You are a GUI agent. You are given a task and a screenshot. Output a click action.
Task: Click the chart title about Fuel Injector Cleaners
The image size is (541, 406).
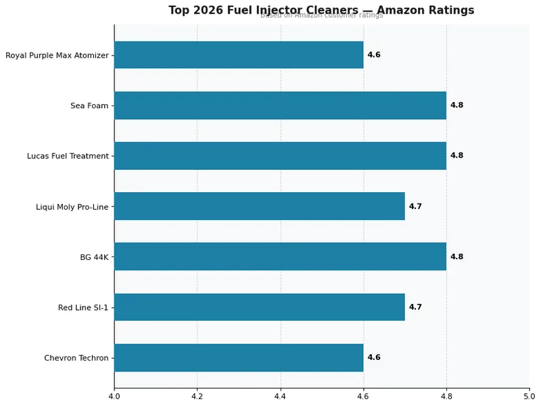tap(321, 10)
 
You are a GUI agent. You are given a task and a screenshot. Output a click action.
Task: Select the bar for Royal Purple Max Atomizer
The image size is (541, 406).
tap(239, 55)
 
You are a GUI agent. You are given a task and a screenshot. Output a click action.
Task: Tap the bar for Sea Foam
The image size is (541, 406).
tap(280, 106)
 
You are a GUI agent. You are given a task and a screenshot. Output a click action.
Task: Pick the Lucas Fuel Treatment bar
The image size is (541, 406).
tap(280, 156)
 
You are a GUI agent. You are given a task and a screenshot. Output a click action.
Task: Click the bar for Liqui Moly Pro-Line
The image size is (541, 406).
tap(259, 206)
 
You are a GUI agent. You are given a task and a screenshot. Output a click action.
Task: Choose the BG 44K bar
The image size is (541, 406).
tap(280, 256)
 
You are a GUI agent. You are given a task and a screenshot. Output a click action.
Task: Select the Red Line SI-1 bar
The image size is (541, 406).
tap(259, 307)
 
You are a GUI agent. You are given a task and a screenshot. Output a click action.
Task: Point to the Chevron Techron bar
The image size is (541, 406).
tap(239, 357)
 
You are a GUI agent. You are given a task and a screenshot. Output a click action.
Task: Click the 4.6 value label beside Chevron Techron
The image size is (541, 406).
tap(374, 357)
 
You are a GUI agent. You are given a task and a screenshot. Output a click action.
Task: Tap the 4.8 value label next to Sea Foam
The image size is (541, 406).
tap(456, 106)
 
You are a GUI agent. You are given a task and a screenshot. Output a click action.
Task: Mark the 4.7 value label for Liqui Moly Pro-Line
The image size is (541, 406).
tap(415, 206)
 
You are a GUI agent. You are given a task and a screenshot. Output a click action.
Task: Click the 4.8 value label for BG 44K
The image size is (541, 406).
tap(456, 256)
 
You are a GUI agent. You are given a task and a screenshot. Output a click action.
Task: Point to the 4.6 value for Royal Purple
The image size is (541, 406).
tap(374, 55)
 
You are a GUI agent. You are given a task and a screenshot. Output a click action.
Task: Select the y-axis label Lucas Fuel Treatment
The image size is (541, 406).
tap(68, 156)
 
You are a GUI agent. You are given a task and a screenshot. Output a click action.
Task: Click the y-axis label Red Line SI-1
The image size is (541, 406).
tap(83, 308)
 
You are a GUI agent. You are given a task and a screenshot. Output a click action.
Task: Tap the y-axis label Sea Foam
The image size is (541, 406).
tap(89, 106)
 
